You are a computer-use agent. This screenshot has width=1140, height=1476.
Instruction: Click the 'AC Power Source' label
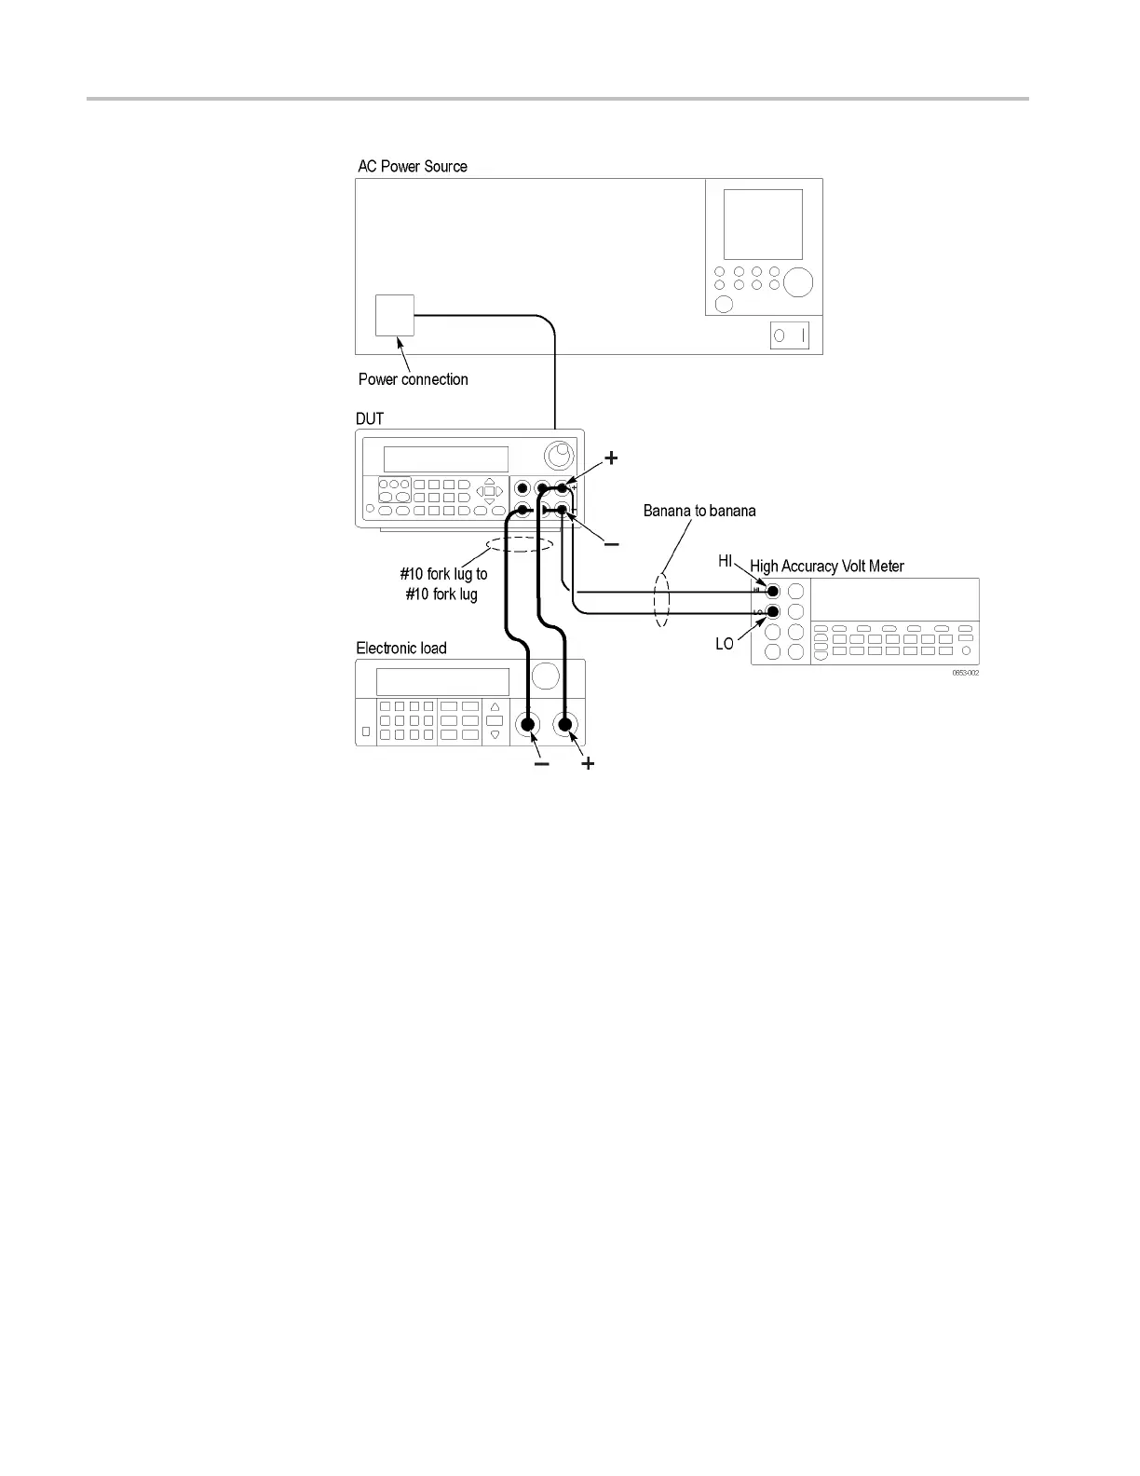click(x=413, y=167)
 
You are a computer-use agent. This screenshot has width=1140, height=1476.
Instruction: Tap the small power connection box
click(x=394, y=315)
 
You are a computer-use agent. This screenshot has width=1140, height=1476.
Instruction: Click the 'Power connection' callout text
click(x=413, y=379)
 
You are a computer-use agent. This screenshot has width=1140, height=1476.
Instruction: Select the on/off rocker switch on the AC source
click(x=789, y=335)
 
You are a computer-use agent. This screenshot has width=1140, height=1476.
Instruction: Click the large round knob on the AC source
click(x=797, y=281)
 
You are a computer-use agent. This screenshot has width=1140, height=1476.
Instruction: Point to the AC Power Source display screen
click(x=763, y=225)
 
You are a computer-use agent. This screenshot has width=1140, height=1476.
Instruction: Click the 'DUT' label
click(x=370, y=418)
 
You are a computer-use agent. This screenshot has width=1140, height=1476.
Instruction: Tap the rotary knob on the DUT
click(x=558, y=456)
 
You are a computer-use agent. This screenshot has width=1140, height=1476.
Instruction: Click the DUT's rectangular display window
click(x=445, y=458)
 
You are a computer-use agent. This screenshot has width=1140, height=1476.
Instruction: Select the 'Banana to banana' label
click(x=699, y=511)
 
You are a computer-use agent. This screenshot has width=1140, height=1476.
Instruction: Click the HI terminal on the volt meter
click(x=772, y=591)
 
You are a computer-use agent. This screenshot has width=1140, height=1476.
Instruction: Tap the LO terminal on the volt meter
click(x=772, y=612)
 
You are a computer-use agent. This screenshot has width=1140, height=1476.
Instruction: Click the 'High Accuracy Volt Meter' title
click(x=826, y=566)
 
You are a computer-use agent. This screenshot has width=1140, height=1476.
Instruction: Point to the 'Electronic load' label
click(x=401, y=648)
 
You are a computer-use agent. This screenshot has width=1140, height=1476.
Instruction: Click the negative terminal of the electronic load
click(x=528, y=724)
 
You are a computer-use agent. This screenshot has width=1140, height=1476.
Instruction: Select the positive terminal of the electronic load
click(x=564, y=724)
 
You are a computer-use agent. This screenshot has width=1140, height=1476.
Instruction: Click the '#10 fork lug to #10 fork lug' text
click(x=442, y=584)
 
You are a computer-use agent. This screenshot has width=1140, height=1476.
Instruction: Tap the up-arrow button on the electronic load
click(x=495, y=707)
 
